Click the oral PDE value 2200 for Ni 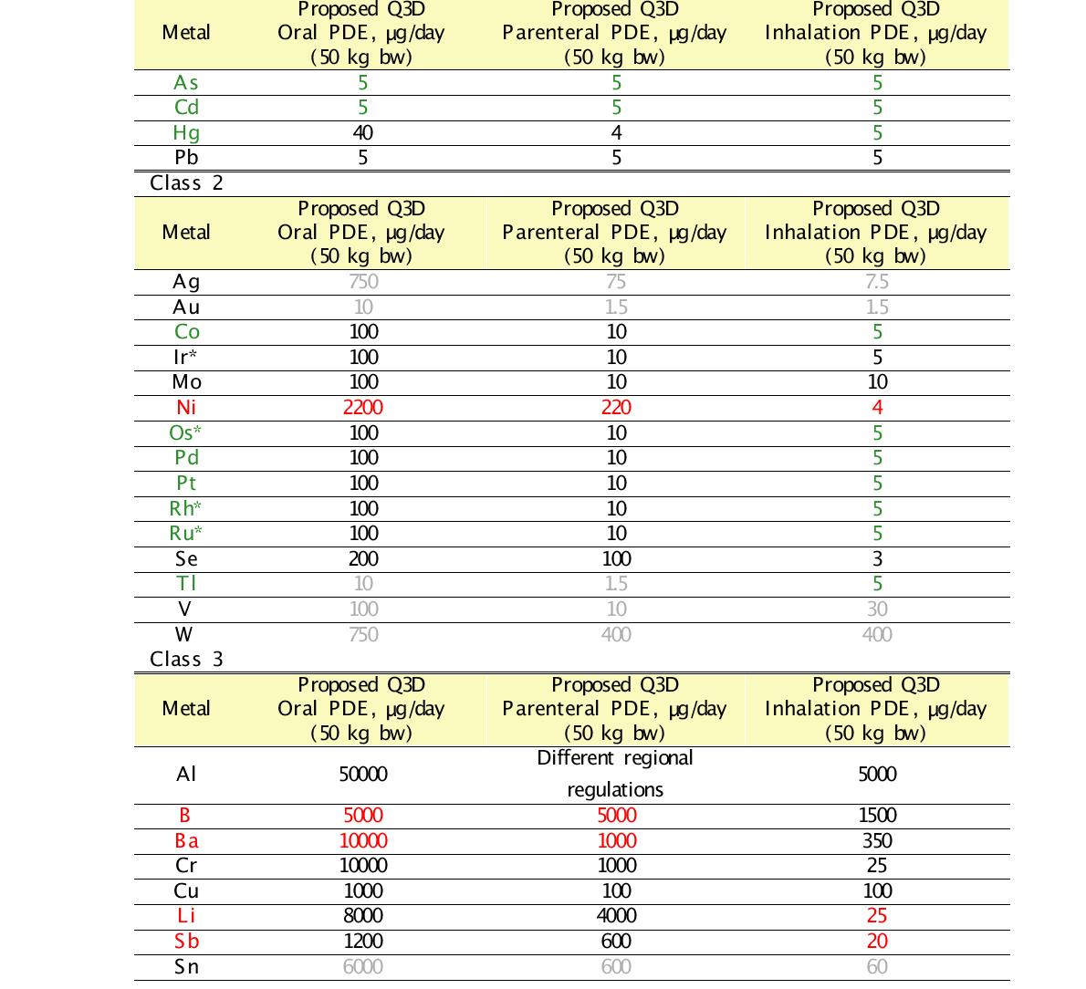click(x=362, y=407)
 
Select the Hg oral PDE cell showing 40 click(x=362, y=132)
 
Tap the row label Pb click(x=186, y=158)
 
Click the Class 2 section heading click(x=186, y=183)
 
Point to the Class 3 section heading click(x=186, y=659)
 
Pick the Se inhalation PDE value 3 click(x=877, y=558)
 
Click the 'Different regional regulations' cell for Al click(x=615, y=774)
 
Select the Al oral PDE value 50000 click(x=362, y=775)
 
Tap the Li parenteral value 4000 click(x=616, y=916)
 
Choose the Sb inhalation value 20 click(x=877, y=942)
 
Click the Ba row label click(x=186, y=840)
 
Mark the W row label click(x=185, y=634)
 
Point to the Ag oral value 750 click(x=362, y=282)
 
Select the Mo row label click(x=186, y=382)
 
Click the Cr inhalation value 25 click(x=877, y=866)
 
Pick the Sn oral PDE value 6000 click(x=362, y=966)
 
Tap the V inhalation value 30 click(x=877, y=609)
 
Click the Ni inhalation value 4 click(x=877, y=407)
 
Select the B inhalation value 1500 click(x=877, y=816)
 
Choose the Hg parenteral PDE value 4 click(x=616, y=132)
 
